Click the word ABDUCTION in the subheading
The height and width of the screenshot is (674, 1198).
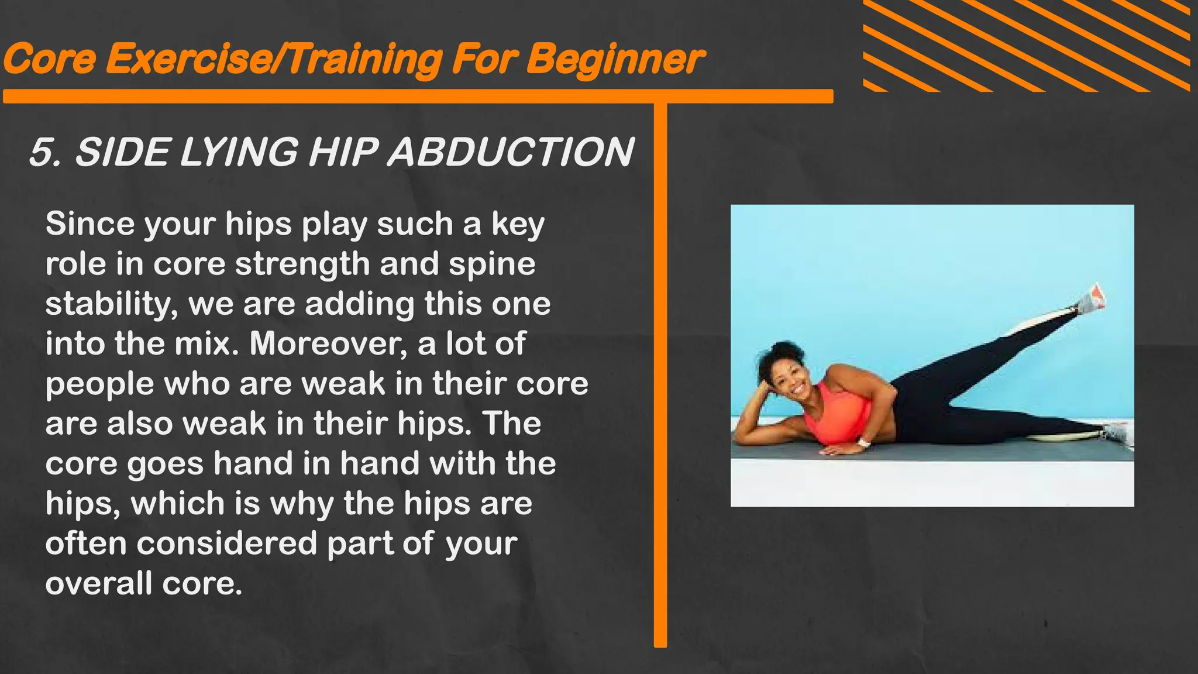coord(510,152)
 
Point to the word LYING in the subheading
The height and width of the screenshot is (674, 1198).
coord(239,152)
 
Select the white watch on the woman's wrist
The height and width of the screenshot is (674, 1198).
coord(865,442)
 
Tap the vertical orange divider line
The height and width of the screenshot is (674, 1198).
coord(660,374)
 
